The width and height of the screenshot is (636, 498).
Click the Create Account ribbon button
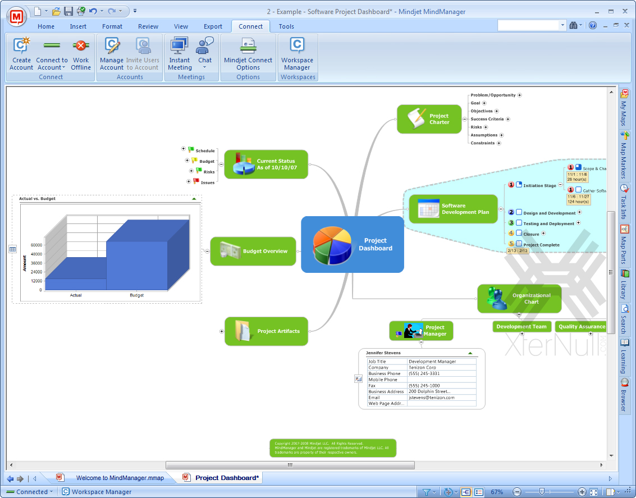tap(21, 54)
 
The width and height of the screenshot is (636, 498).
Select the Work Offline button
tap(81, 54)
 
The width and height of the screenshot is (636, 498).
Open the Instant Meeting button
tap(180, 54)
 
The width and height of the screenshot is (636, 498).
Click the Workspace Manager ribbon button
tap(297, 54)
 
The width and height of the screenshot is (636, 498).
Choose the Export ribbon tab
tap(213, 26)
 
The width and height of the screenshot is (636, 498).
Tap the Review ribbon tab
tap(148, 26)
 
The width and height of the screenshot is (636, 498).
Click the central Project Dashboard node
tap(353, 245)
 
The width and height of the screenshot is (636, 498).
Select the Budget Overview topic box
tap(253, 251)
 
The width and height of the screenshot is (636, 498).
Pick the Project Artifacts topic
tap(266, 331)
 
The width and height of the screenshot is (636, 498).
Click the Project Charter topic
tap(424, 119)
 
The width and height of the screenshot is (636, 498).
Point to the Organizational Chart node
tap(519, 299)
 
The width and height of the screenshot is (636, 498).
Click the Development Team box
tap(521, 326)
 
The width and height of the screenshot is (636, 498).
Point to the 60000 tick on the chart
tap(36, 245)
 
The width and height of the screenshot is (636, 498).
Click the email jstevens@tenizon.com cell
tap(432, 398)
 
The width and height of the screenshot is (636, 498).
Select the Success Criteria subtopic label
tap(487, 119)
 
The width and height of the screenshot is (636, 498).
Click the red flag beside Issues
tap(196, 181)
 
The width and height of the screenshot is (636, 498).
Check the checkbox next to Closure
tap(519, 233)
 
